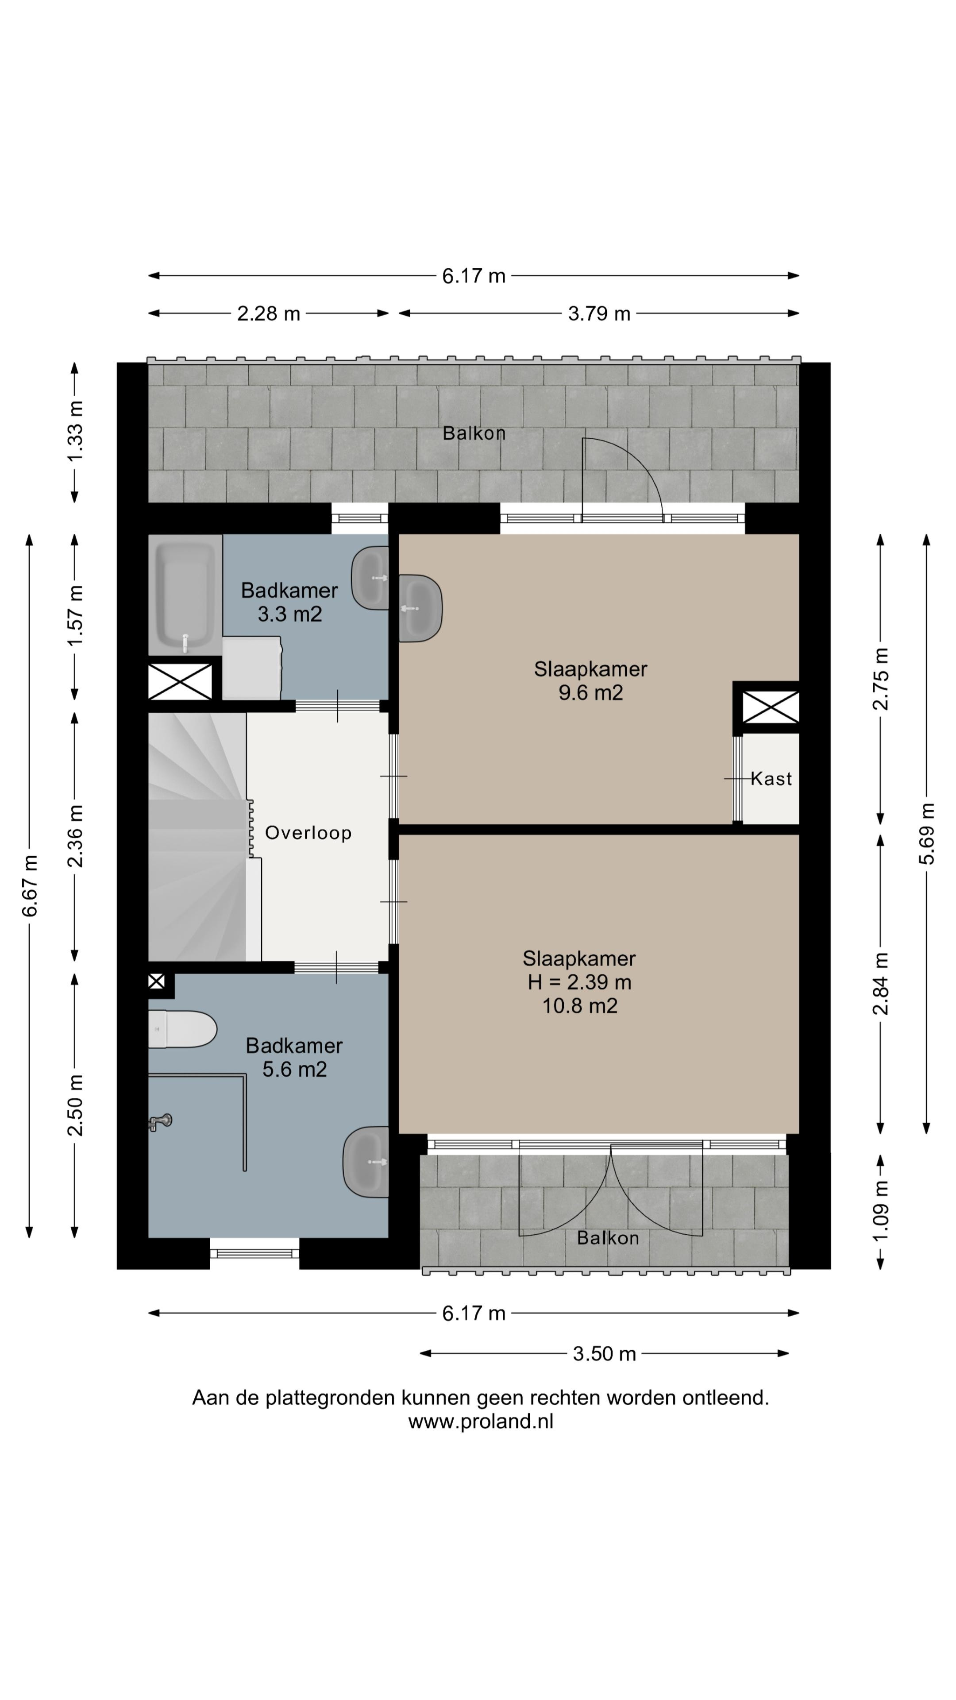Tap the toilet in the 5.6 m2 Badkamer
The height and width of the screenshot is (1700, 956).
(182, 1029)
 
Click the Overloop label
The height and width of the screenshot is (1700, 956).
(308, 833)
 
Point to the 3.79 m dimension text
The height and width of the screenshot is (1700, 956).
(599, 313)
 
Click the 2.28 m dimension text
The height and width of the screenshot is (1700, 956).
(269, 313)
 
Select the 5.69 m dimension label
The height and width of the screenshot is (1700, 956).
(927, 834)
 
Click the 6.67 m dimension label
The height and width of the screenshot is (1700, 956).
(30, 885)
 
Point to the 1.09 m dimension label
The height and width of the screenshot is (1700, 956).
(881, 1210)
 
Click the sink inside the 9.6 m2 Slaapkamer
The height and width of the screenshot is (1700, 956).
(420, 608)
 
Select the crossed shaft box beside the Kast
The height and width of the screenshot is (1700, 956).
(771, 707)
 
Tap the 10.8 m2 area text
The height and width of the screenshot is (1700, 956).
(580, 1006)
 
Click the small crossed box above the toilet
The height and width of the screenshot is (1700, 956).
(156, 981)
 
